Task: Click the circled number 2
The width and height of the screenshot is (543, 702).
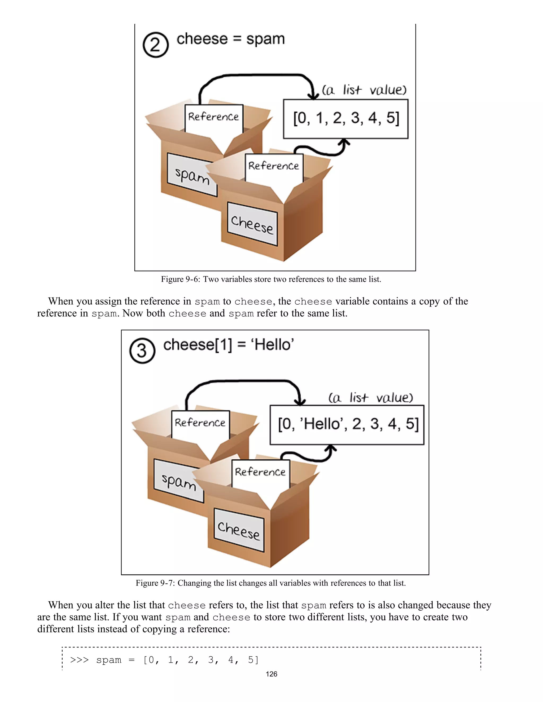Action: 155,45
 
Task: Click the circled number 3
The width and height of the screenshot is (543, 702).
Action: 142,351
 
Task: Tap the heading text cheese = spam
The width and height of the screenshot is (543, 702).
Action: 231,39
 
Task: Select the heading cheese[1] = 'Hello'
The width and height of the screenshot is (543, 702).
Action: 228,345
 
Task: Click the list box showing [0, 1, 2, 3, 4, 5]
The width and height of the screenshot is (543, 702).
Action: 345,119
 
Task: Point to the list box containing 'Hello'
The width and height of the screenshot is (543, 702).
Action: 347,425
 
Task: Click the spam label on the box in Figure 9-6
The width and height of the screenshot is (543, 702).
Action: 192,175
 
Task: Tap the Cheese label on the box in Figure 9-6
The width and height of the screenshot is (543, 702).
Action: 252,224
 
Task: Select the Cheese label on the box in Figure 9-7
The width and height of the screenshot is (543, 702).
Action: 239,530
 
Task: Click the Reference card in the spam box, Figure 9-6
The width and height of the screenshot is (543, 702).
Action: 214,117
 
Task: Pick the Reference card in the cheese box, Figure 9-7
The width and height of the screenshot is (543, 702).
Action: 260,472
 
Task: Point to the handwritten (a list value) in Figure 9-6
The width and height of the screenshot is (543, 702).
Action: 364,90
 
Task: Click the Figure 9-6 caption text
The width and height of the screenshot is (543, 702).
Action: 271,279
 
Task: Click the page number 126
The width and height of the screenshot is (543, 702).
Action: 271,674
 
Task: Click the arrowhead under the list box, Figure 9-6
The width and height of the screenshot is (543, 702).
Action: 345,142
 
